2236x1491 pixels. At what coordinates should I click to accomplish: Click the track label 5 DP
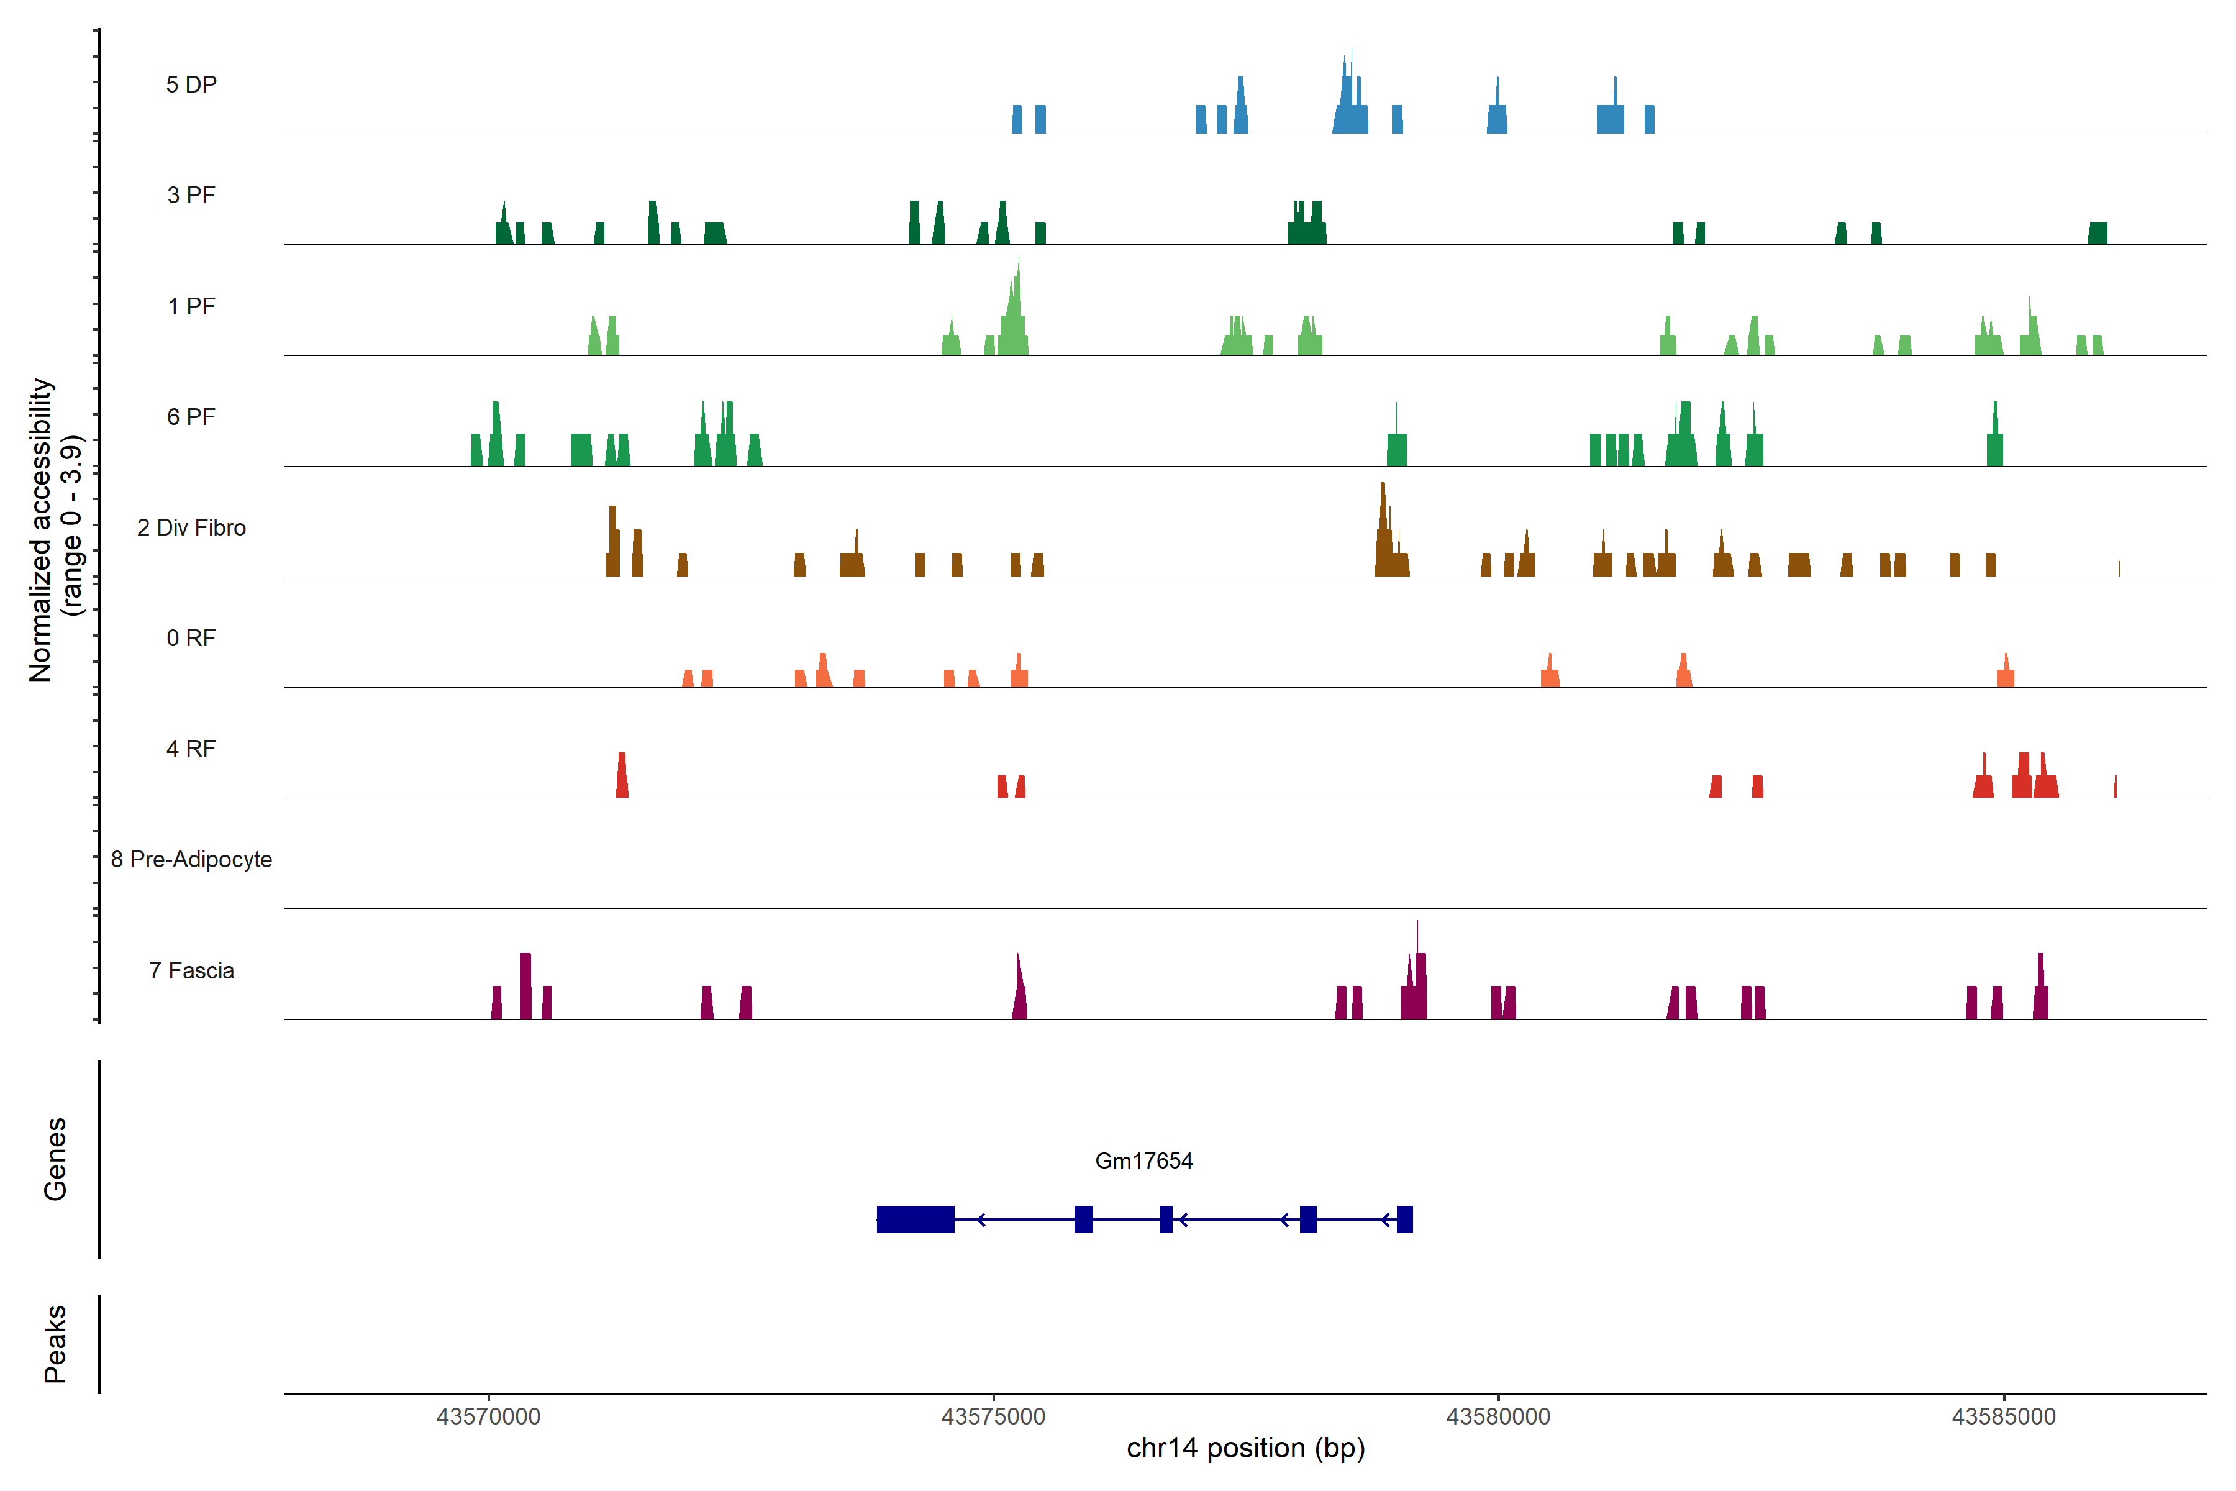191,84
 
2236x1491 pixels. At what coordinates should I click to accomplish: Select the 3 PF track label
191,195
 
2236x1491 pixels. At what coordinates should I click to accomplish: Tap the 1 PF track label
191,306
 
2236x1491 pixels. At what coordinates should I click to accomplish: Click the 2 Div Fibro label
191,527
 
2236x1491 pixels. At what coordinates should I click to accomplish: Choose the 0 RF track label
191,638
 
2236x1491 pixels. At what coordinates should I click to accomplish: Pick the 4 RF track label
191,749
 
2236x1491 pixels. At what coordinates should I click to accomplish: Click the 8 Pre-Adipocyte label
191,860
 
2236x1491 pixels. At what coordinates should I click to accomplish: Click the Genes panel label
55,1159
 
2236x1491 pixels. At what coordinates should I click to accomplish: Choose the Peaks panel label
55,1344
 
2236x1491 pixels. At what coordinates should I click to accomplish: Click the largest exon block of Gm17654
916,1219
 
